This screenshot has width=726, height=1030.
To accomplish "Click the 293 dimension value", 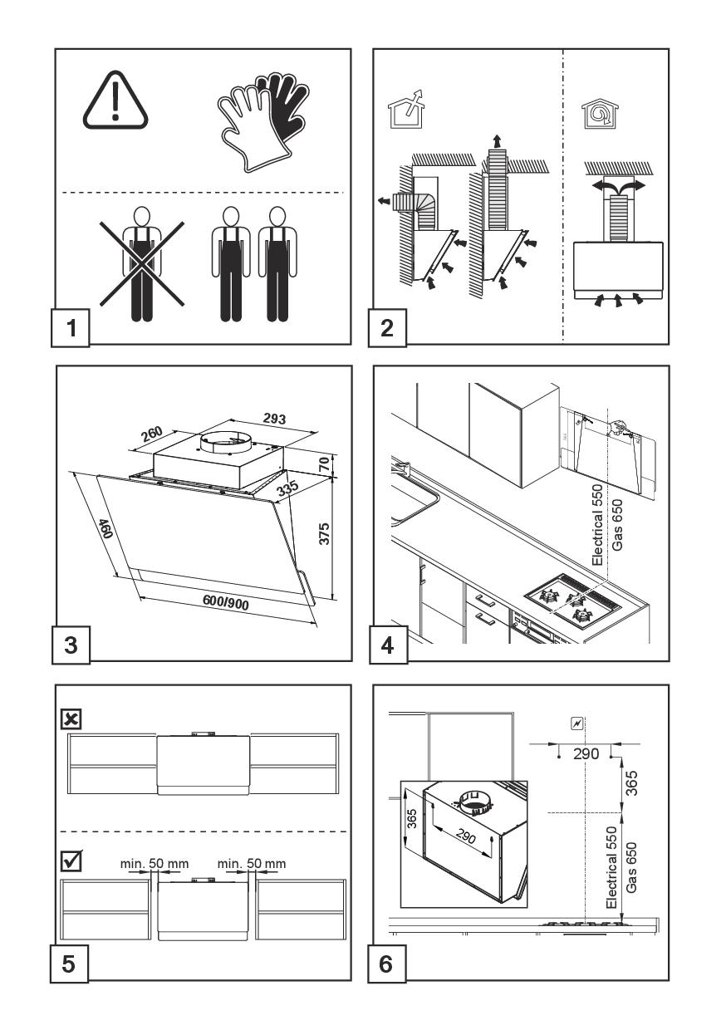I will pyautogui.click(x=273, y=419).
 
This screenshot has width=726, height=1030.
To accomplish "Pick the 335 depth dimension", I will pyautogui.click(x=288, y=491).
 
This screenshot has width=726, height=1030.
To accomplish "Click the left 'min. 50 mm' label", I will pyautogui.click(x=155, y=864).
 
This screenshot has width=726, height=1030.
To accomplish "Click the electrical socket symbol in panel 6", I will pyautogui.click(x=577, y=724).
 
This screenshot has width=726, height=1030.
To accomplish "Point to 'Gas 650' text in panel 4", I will pyautogui.click(x=616, y=524).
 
